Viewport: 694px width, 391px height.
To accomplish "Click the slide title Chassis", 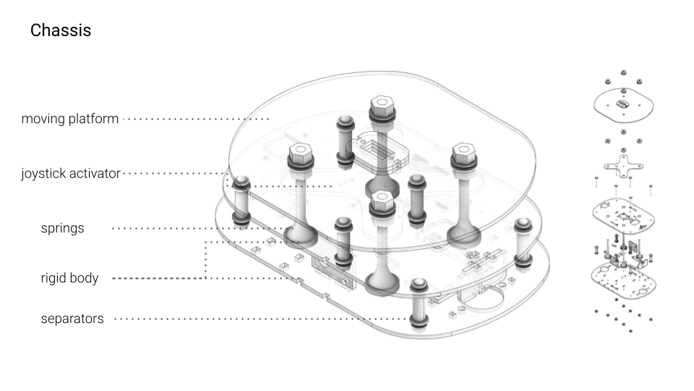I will coord(60,31).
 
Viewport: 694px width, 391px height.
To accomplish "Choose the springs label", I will coord(62,228).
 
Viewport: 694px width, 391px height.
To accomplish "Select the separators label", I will coord(72,319).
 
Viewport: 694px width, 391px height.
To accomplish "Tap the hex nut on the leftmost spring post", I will coord(300,156).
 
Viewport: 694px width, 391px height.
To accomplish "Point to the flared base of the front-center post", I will coord(382,282).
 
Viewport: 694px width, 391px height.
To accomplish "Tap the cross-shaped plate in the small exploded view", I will coord(622,164).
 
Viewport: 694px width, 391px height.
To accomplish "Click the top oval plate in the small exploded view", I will coord(623,106).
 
